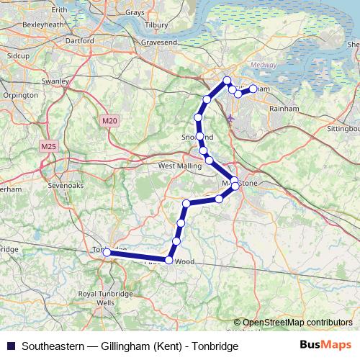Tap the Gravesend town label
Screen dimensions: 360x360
coord(158,43)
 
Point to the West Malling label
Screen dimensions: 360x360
coord(176,166)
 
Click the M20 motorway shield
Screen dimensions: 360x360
coord(109,121)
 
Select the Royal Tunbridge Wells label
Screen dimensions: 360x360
coord(96,299)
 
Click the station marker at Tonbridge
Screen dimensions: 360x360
coord(107,252)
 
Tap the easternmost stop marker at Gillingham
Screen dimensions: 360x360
coord(253,89)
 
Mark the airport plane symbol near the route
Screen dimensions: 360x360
coord(230,117)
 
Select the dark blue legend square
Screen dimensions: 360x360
coord(11,346)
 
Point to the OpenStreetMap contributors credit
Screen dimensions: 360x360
coord(297,323)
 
